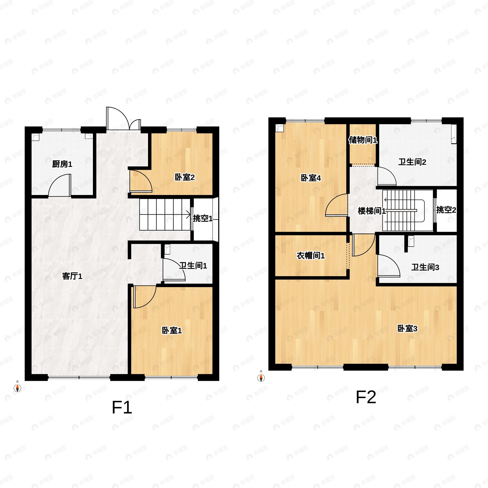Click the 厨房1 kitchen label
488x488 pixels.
click(62, 164)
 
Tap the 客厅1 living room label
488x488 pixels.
click(72, 276)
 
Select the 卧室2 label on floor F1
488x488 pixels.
click(185, 177)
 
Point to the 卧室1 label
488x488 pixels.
click(172, 330)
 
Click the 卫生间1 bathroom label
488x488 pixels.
click(193, 266)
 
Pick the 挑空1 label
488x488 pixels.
click(203, 218)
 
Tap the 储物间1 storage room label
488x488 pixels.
click(363, 140)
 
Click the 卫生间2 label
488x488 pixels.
click(412, 162)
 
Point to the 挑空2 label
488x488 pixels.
click(446, 210)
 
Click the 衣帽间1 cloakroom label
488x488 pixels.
click(311, 256)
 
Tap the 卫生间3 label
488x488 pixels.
click(425, 267)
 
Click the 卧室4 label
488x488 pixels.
click(311, 178)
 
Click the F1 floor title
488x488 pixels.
click(122, 407)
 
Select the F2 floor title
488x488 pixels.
click(366, 397)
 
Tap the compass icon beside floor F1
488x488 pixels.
click(17, 388)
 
